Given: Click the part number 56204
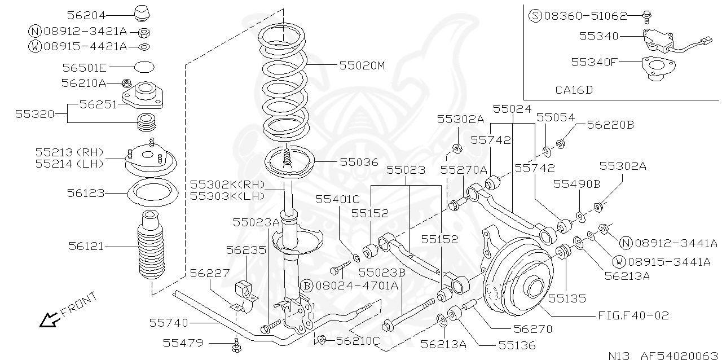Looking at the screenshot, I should [x=86, y=16].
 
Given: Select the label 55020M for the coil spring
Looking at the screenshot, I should [x=362, y=65].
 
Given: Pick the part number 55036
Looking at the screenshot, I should [x=359, y=162].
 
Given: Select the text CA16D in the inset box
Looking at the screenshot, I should [x=574, y=89].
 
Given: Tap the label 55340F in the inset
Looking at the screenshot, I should [x=595, y=62].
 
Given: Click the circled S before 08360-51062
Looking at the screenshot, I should [x=535, y=16].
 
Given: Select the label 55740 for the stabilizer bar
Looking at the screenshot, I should [x=168, y=323].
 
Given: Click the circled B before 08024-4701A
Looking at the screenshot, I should [x=306, y=286].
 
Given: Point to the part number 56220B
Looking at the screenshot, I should [x=610, y=125].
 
